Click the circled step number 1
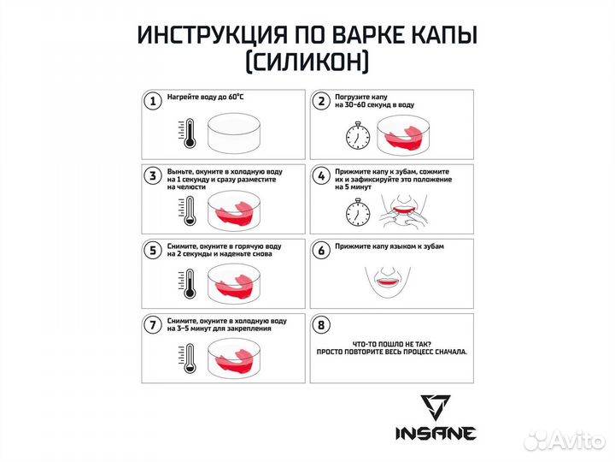pos(153,102)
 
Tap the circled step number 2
pos(322,102)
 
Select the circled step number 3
pos(153,176)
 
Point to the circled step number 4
pos(322,176)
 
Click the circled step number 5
pos(153,251)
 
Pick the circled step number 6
pos(322,251)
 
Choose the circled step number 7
pos(153,325)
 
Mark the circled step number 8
pos(322,325)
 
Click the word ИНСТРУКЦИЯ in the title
pos(210,37)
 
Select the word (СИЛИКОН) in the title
pos(307,64)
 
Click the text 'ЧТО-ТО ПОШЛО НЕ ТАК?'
pos(389,341)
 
